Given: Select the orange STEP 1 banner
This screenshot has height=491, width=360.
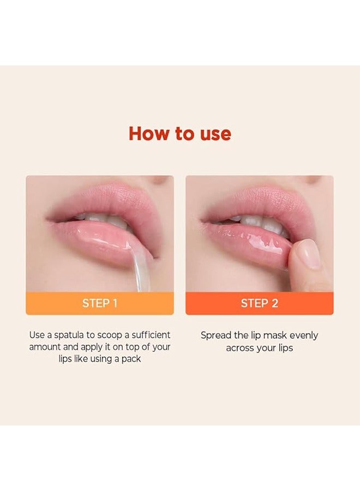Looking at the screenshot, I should [x=100, y=303].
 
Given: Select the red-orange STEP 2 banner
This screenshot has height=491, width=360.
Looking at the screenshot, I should [x=259, y=303].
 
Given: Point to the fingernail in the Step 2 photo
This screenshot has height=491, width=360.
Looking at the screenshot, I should [x=309, y=255].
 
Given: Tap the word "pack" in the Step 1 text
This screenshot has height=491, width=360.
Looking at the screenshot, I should [x=131, y=359].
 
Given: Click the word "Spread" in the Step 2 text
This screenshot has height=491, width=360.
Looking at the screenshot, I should [x=216, y=336].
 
